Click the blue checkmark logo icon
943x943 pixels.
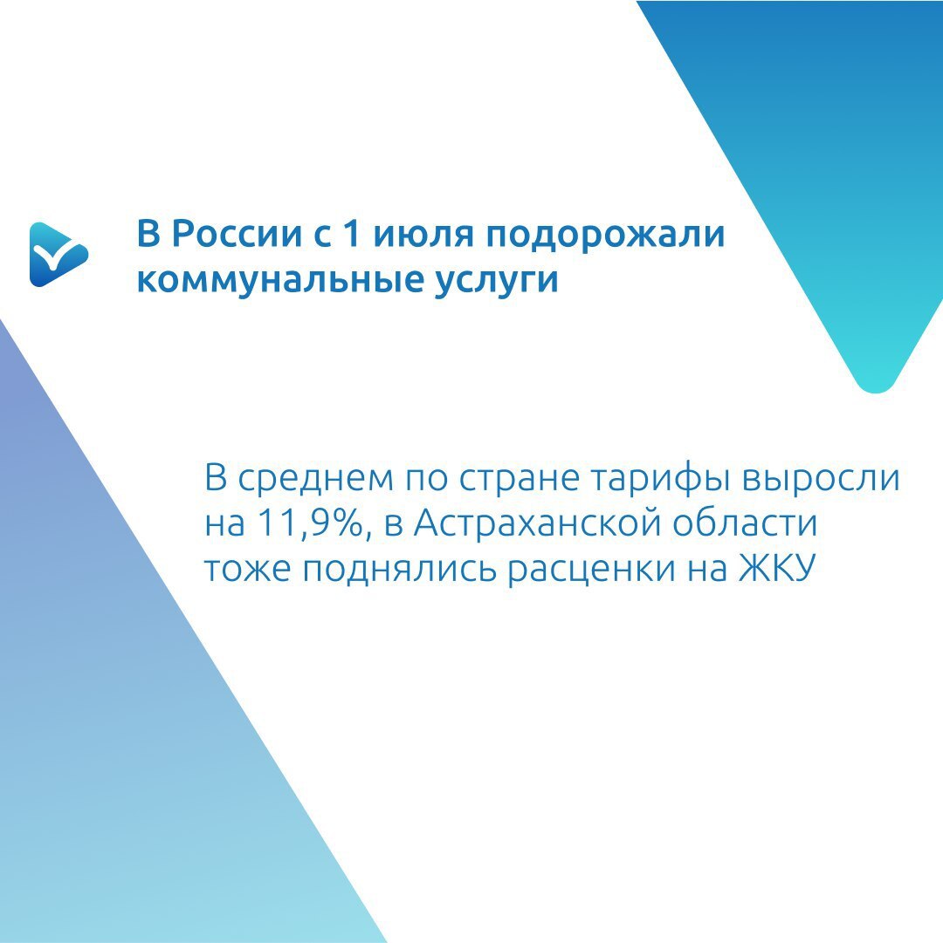59,255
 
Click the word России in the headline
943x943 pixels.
237,233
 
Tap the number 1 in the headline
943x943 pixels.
352,233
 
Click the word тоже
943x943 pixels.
247,568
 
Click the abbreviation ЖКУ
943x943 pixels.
777,567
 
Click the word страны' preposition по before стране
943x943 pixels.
426,480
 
